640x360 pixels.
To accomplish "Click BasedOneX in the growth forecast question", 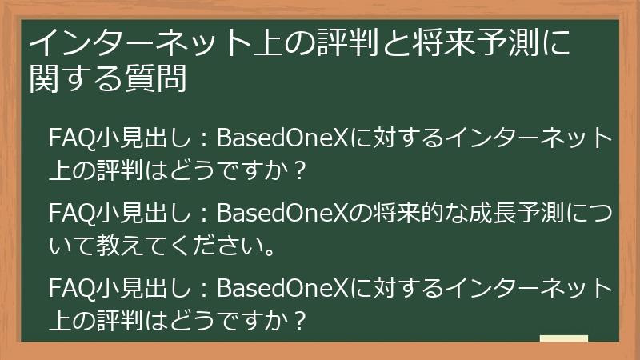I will [x=284, y=214].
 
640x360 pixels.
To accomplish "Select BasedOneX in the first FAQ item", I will [x=284, y=138].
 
